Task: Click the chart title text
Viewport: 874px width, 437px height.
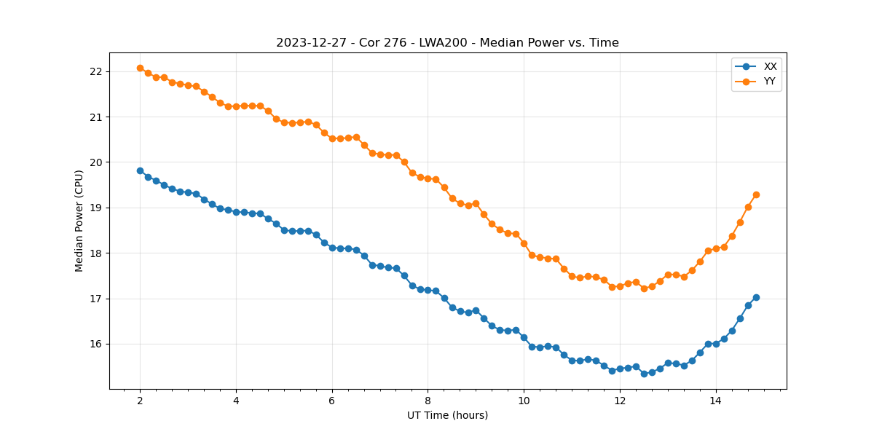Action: click(x=447, y=43)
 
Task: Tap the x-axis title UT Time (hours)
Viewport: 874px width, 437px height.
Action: click(x=447, y=415)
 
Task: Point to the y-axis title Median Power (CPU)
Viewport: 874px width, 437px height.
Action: click(x=79, y=221)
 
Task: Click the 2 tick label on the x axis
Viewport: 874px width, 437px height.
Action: click(x=140, y=401)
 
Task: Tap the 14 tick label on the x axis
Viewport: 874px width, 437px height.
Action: click(x=715, y=401)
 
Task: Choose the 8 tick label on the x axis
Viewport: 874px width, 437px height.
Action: click(x=428, y=401)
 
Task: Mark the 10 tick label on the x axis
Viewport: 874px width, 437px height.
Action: click(x=524, y=401)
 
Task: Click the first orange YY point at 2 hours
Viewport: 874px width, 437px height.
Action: click(x=140, y=68)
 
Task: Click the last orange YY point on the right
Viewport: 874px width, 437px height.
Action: click(x=756, y=194)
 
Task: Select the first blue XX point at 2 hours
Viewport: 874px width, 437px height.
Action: click(x=140, y=170)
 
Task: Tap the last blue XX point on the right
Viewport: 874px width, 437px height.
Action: click(x=756, y=297)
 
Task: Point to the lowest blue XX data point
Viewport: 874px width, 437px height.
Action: click(x=644, y=374)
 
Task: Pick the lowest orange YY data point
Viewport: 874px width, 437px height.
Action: click(x=644, y=288)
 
